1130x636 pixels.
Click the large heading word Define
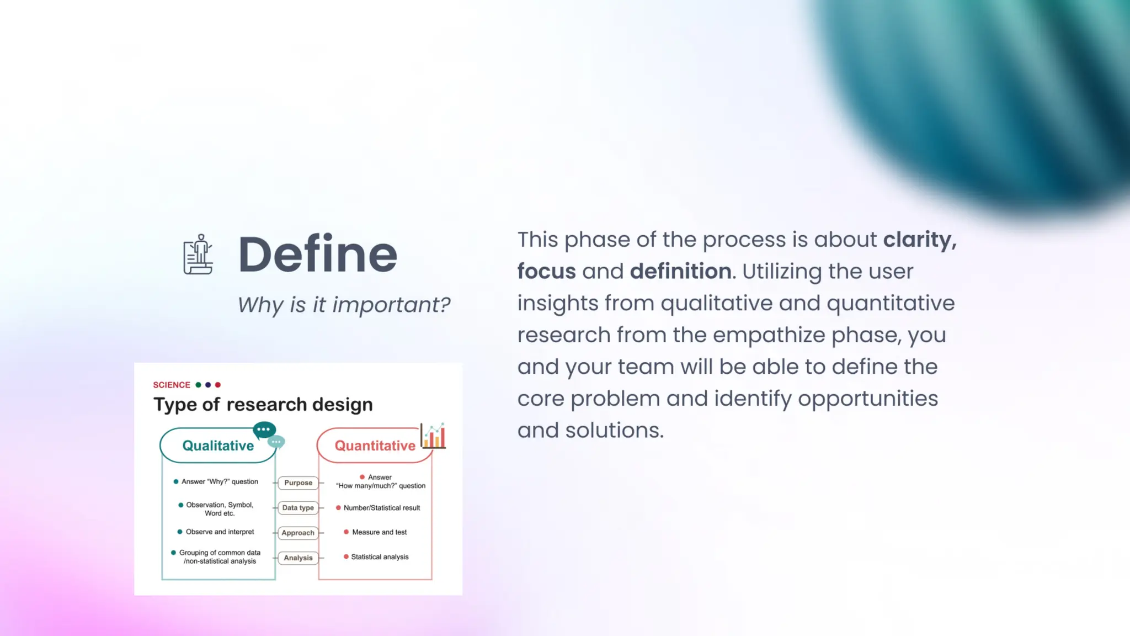317,254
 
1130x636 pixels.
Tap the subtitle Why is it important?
344,305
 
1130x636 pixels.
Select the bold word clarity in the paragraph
918,240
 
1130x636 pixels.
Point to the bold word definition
681,271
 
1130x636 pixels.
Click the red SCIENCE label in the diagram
172,385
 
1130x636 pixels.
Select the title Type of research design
263,404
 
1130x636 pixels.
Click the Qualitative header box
218,446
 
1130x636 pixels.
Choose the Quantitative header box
375,446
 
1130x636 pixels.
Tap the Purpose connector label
298,483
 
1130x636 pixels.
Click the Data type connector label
298,507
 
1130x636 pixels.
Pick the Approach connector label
298,533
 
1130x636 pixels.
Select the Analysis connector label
298,558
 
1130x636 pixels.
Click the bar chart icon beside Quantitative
434,436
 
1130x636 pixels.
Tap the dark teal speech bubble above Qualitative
264,430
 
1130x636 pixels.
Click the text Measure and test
379,532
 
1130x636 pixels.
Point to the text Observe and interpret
220,532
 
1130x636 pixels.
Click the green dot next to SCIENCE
198,385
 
